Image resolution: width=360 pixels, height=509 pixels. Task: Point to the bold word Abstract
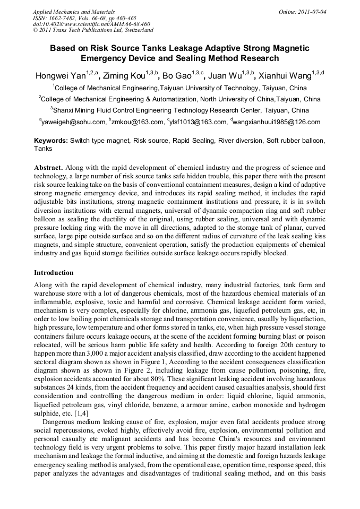click(48, 167)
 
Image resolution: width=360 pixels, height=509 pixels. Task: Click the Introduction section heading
click(54, 272)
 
